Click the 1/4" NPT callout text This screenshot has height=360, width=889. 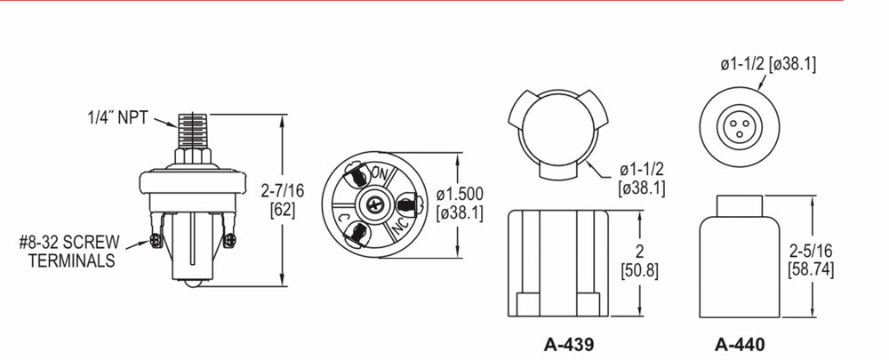(x=117, y=117)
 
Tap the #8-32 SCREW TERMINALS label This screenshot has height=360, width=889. (x=69, y=252)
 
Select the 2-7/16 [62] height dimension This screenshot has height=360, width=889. (x=282, y=200)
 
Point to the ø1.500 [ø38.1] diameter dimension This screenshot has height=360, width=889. (x=460, y=204)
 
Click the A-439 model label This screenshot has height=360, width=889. (x=569, y=344)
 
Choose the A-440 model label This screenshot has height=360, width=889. (x=740, y=344)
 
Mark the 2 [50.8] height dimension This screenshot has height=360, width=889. (x=639, y=261)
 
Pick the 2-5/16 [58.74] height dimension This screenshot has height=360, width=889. (x=811, y=260)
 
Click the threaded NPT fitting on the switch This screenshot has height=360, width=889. (x=193, y=131)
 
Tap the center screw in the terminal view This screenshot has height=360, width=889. (x=374, y=204)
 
